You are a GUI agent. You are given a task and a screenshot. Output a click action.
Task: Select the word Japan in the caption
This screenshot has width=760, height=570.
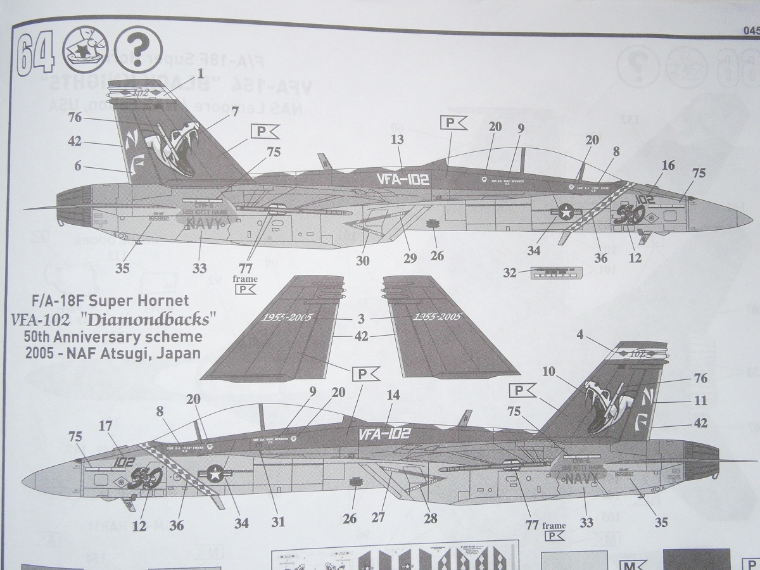pyautogui.click(x=182, y=353)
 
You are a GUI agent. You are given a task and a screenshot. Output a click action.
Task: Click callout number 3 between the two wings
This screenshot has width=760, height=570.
pyautogui.click(x=360, y=320)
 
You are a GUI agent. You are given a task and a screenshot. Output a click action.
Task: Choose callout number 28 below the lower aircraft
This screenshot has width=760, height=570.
pyautogui.click(x=430, y=519)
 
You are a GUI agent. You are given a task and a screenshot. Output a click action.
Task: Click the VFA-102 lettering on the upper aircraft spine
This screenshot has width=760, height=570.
pyautogui.click(x=402, y=179)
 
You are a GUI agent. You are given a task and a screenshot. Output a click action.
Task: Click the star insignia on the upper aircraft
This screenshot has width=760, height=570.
pyautogui.click(x=564, y=213)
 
